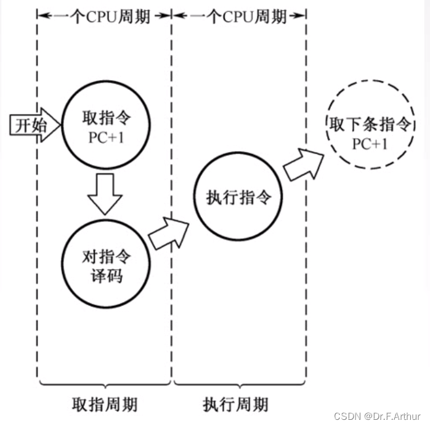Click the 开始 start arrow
(x=35, y=125)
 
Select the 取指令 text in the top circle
(x=107, y=118)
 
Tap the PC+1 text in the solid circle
(x=107, y=137)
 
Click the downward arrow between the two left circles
(x=105, y=194)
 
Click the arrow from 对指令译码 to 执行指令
(x=168, y=234)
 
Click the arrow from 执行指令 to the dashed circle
(x=303, y=165)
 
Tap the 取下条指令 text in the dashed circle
(x=370, y=124)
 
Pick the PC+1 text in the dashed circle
(x=370, y=144)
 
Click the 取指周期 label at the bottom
(x=105, y=404)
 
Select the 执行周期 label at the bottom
(x=235, y=404)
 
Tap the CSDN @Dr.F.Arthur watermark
(x=377, y=416)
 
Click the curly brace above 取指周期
(x=105, y=384)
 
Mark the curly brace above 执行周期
(x=240, y=384)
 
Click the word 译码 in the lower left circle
(x=107, y=276)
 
